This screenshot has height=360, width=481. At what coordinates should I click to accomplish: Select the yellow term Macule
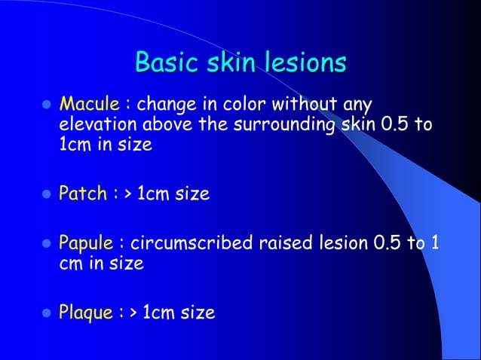pos(84,102)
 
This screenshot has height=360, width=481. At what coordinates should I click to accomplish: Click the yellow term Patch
pos(82,194)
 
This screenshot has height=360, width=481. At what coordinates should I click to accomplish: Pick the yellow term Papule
pos(86,245)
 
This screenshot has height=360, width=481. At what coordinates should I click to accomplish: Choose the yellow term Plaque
pos(85,312)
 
